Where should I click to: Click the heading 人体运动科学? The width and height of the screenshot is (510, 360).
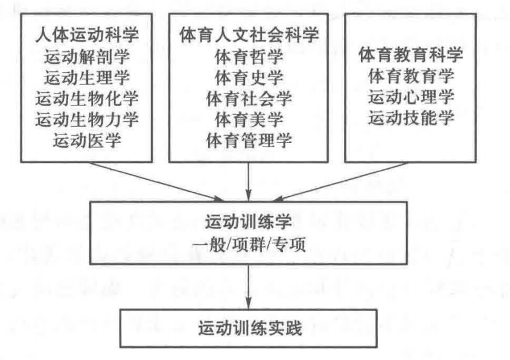point(87,35)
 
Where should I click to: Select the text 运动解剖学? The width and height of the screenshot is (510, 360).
point(87,57)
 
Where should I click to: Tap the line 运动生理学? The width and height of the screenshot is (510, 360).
point(87,78)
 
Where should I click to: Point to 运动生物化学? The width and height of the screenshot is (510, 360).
point(87,99)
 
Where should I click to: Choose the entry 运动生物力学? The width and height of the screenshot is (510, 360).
point(87,119)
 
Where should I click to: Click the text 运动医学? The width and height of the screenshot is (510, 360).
point(87,141)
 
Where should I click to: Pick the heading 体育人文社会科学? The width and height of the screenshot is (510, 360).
point(249,35)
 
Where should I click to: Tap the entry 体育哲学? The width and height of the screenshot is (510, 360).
point(249,57)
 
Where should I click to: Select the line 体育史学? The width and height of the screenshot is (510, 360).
point(249,78)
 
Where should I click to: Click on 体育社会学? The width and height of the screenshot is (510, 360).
point(249,99)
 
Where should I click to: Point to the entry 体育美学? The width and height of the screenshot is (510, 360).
point(249,119)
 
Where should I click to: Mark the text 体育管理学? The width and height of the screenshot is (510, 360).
point(249,141)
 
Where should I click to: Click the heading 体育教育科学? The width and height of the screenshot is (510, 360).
point(411,55)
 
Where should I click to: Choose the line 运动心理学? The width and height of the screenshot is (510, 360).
point(411,97)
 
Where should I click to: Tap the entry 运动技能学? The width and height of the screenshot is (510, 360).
point(411,118)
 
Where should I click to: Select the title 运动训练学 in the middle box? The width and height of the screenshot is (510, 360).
point(248,222)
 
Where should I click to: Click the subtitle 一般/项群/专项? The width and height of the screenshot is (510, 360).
point(249,244)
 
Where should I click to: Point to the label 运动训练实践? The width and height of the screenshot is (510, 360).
point(250,328)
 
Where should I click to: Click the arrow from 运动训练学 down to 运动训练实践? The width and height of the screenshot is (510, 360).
point(249,286)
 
